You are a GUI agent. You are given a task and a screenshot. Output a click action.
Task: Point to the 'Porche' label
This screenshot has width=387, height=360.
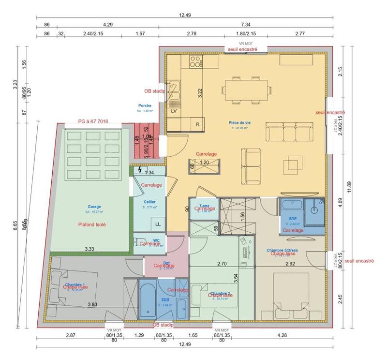(x=145, y=105)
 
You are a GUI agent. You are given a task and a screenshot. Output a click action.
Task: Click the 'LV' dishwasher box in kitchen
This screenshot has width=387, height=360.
(x=174, y=111)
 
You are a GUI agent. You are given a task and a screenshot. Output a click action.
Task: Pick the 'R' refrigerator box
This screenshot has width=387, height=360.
(x=197, y=124)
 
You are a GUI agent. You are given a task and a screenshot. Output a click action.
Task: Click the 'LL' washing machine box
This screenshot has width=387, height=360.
(x=158, y=224)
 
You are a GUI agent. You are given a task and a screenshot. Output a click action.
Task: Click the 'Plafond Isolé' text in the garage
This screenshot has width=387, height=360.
(x=92, y=225)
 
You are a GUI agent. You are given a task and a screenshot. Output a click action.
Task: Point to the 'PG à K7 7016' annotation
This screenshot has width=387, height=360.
(x=93, y=121)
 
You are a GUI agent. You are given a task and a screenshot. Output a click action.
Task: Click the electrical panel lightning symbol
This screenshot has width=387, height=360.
(x=140, y=170)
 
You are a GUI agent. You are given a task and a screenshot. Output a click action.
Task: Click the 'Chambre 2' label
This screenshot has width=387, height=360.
(x=220, y=293)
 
